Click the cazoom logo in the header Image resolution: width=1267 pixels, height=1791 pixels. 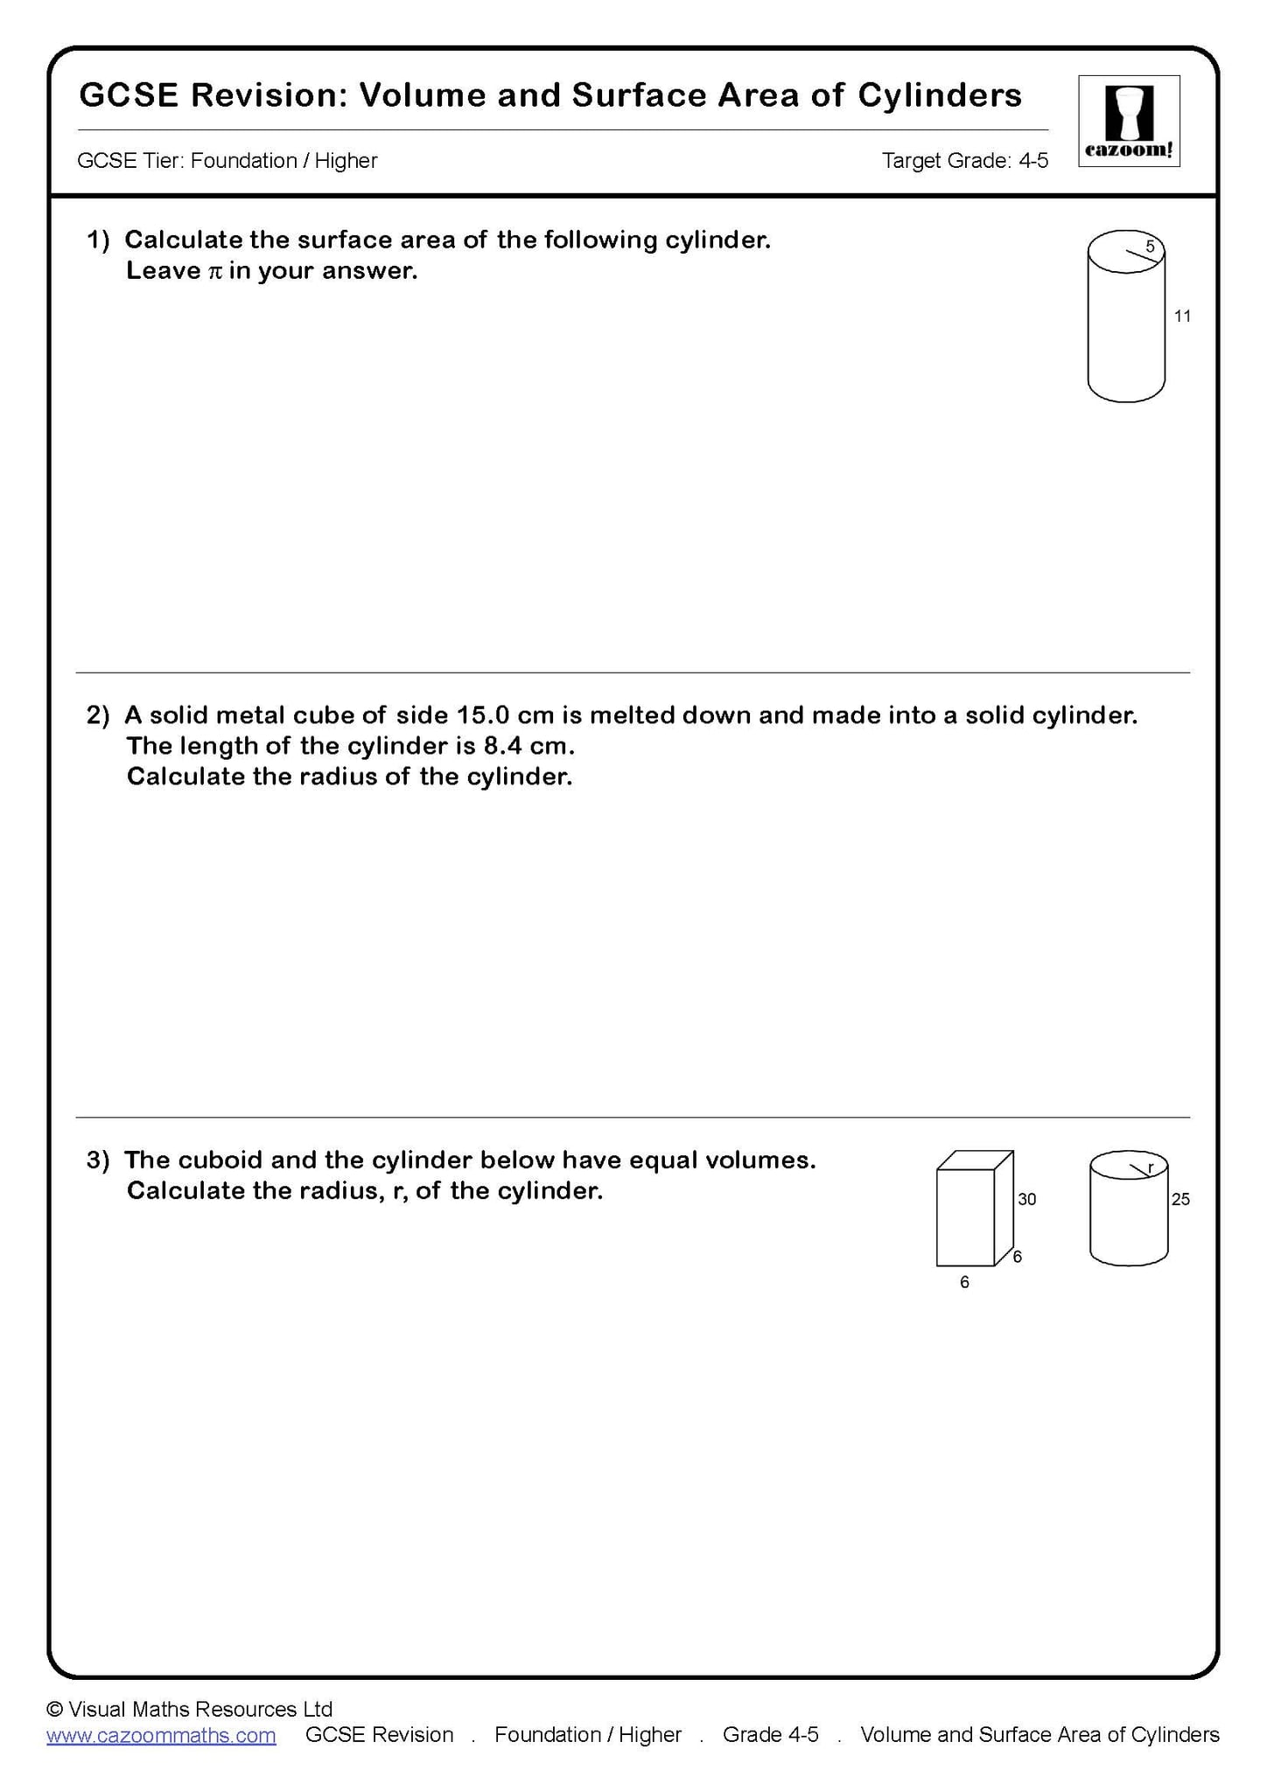coord(1129,121)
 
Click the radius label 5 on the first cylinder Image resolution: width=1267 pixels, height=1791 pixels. coord(1150,247)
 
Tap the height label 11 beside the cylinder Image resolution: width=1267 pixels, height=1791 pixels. coord(1182,317)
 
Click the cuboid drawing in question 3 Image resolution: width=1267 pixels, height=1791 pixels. coord(973,1209)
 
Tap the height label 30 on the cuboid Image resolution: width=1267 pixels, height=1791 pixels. coord(1026,1199)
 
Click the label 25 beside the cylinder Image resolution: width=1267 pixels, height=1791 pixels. coord(1180,1199)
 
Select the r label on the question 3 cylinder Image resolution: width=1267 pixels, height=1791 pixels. coord(1151,1167)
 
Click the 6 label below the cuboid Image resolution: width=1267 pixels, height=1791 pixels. coord(964,1282)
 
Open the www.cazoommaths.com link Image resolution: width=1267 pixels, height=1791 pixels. coord(161,1735)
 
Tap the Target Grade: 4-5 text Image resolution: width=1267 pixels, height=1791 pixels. coord(964,161)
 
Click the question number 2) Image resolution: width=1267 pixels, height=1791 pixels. coord(98,715)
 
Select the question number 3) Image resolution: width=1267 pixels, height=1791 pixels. coord(98,1160)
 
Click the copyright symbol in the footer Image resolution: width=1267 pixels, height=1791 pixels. coord(54,1709)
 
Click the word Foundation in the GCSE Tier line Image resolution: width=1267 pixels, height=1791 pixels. coord(244,161)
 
